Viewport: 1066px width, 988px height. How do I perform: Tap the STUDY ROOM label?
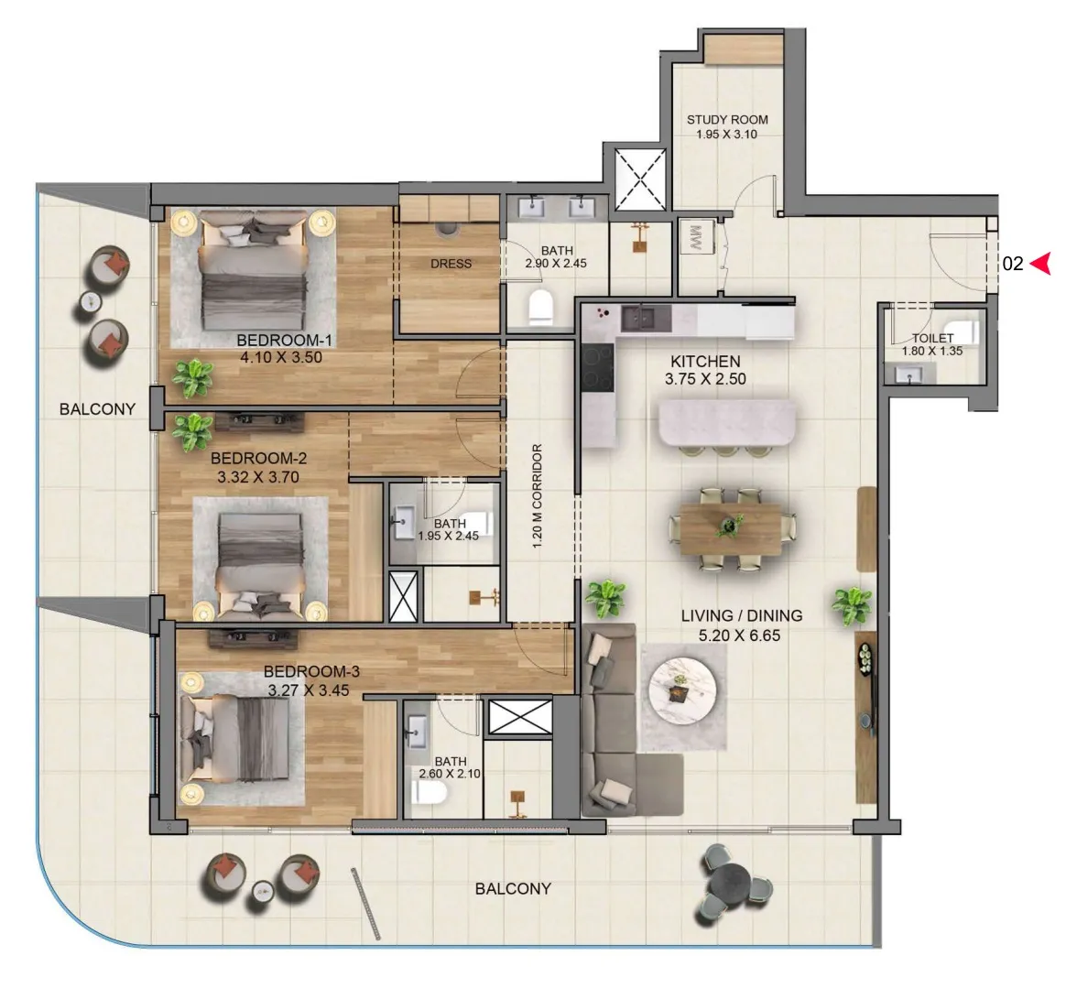[727, 119]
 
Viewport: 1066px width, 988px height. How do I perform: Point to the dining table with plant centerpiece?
[730, 528]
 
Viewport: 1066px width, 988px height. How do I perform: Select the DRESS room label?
[451, 264]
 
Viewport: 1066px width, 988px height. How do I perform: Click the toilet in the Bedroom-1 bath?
[541, 308]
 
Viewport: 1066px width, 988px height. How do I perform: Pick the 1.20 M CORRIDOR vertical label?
[538, 496]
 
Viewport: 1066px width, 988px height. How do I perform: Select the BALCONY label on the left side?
[97, 409]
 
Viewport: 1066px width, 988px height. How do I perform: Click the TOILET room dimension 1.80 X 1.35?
[931, 350]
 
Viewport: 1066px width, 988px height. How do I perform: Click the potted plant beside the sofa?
[605, 598]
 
